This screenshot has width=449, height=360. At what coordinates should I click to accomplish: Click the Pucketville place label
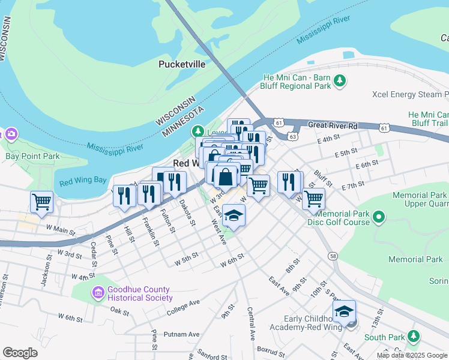tap(182, 64)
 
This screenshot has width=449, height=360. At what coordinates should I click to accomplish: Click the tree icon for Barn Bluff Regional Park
tap(340, 80)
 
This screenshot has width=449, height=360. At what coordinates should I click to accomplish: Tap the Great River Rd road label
tap(333, 126)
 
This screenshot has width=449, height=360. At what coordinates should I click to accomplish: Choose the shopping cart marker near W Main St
tap(41, 202)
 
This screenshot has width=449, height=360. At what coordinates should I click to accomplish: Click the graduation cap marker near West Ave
tap(234, 214)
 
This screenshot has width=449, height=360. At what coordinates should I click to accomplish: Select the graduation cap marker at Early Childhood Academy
tap(344, 311)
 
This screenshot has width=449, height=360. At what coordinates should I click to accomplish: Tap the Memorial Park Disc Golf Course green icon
tap(378, 216)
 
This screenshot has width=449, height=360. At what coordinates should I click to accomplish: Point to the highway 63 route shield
tap(292, 136)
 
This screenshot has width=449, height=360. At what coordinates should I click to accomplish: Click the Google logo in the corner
tap(20, 353)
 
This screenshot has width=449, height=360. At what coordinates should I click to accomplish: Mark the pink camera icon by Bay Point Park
tap(11, 133)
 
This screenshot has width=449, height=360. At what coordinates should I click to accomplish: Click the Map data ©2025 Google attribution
tap(412, 355)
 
